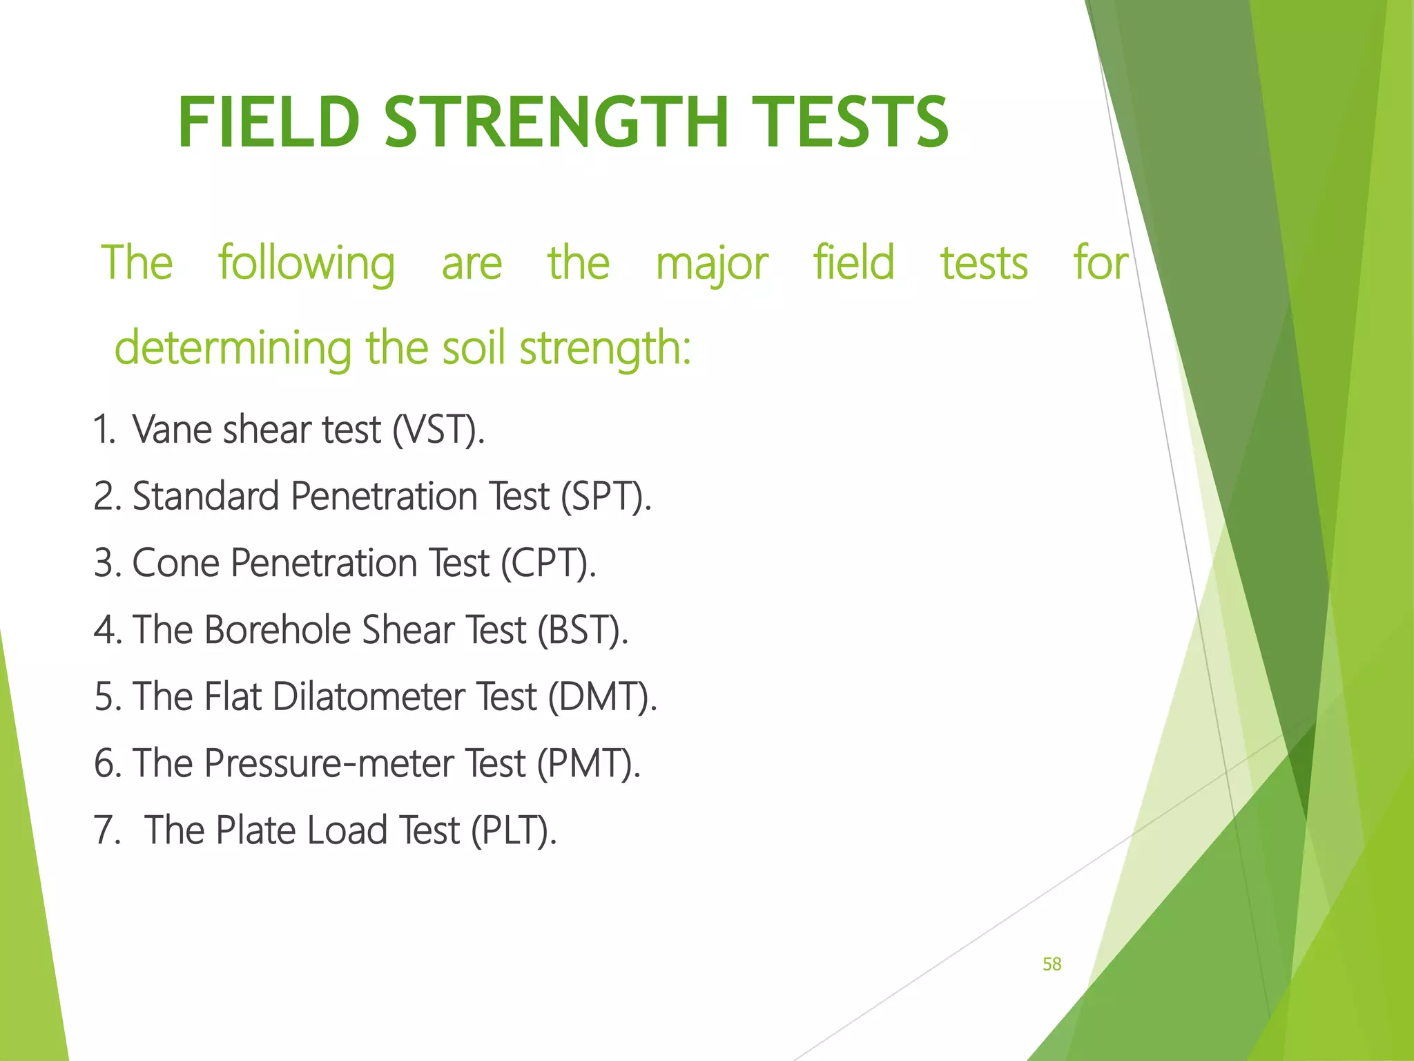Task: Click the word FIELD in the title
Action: (x=269, y=123)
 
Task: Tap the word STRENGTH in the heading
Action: (x=556, y=123)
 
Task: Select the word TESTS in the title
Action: (x=850, y=123)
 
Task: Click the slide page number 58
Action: (x=1052, y=964)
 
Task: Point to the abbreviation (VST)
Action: (x=438, y=430)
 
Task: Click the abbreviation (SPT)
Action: (x=606, y=497)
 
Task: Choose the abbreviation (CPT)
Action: (x=548, y=563)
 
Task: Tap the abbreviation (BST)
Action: (x=583, y=630)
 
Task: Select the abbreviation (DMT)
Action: (x=602, y=696)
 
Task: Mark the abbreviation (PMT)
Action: (x=588, y=763)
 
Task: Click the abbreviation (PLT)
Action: (x=513, y=830)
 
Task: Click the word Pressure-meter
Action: (x=329, y=763)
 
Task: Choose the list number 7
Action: (x=106, y=830)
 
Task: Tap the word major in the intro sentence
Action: (x=711, y=264)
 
